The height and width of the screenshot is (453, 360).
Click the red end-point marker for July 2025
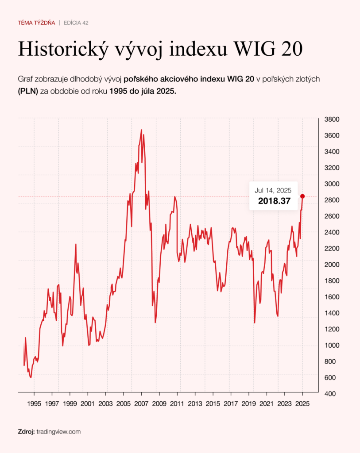coord(302,196)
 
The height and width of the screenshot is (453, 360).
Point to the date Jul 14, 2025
coord(273,191)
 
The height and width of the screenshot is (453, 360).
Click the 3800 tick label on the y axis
coord(332,119)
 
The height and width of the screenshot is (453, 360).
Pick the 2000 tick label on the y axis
coord(332,265)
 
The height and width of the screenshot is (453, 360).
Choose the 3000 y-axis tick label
coord(332,184)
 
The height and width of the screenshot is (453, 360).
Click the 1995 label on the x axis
coord(34,404)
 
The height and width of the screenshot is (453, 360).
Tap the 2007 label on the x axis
coord(141,404)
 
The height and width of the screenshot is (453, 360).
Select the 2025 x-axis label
coord(302,404)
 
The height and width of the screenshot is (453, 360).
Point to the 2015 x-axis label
coord(213,404)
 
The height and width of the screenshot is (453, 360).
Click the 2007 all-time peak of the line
coord(141,130)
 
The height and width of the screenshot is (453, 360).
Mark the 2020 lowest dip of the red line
coord(255,322)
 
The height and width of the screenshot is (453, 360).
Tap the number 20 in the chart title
coord(292,49)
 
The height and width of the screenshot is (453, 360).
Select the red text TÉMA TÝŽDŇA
coord(36,23)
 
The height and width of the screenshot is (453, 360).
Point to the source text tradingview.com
coord(58,431)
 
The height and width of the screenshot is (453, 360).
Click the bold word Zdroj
coord(26,431)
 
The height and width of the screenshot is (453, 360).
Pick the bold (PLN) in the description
coord(28,90)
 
